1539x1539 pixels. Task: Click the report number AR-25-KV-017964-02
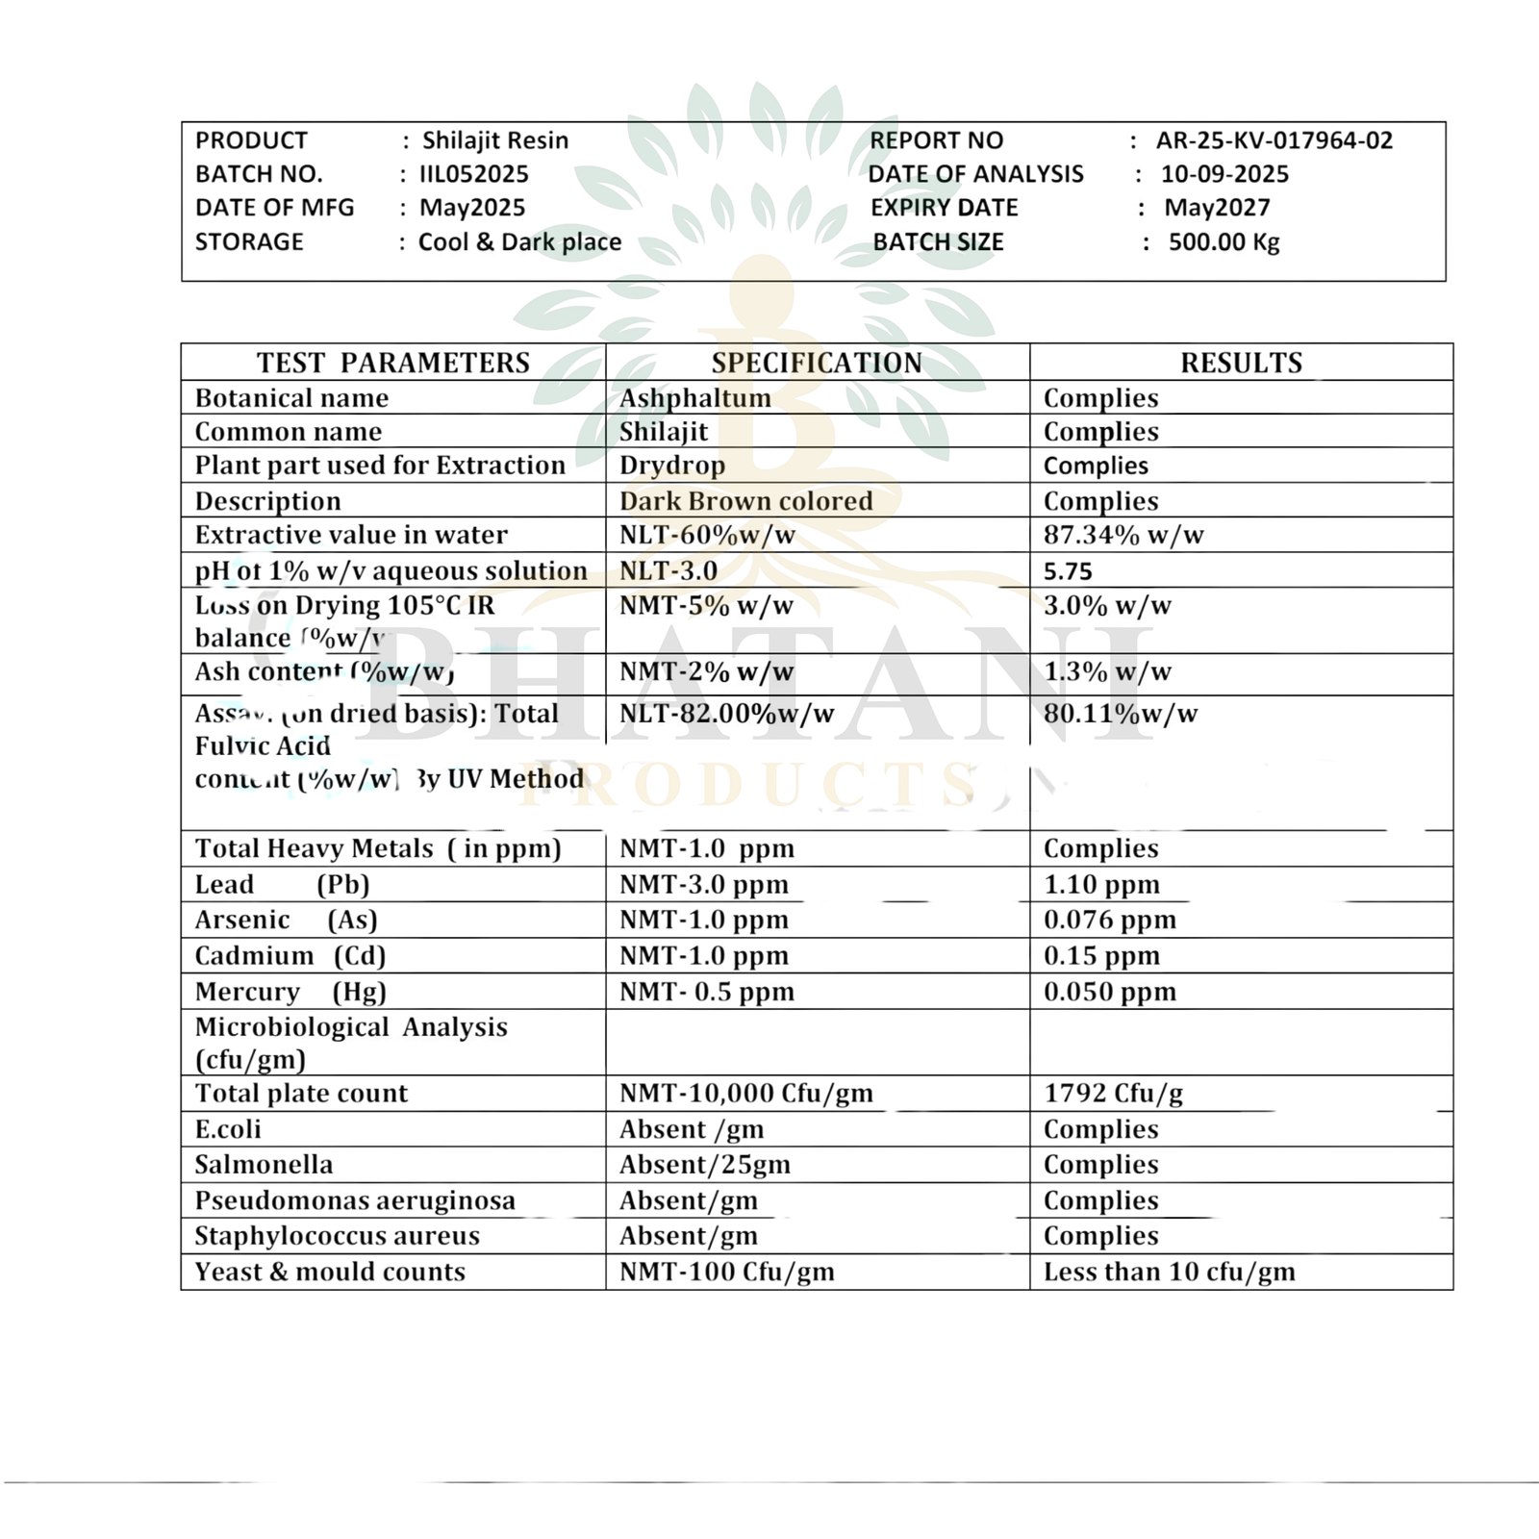(1274, 140)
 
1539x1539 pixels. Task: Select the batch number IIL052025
(474, 174)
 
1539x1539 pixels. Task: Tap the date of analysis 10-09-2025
(1224, 174)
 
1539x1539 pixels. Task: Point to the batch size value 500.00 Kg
(1224, 242)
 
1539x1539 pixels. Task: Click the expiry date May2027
(1217, 208)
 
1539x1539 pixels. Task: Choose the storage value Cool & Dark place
(519, 242)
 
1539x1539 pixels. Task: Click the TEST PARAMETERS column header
(392, 363)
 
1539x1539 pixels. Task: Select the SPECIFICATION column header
(817, 363)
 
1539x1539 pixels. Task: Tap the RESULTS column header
(1241, 363)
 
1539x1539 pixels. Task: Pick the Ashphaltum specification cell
(694, 398)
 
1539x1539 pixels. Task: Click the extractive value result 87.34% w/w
(1123, 535)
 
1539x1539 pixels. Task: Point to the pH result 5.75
(1068, 571)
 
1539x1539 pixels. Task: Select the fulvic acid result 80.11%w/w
(1121, 714)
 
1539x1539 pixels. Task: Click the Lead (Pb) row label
(282, 885)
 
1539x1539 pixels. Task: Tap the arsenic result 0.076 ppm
(1110, 921)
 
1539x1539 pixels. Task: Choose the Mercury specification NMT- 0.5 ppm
(706, 992)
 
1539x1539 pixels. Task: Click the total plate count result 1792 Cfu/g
(1113, 1094)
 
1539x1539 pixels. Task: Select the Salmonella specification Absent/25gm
(704, 1165)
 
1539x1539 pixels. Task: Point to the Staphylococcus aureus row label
(337, 1236)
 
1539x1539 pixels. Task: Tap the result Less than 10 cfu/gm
(1169, 1273)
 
